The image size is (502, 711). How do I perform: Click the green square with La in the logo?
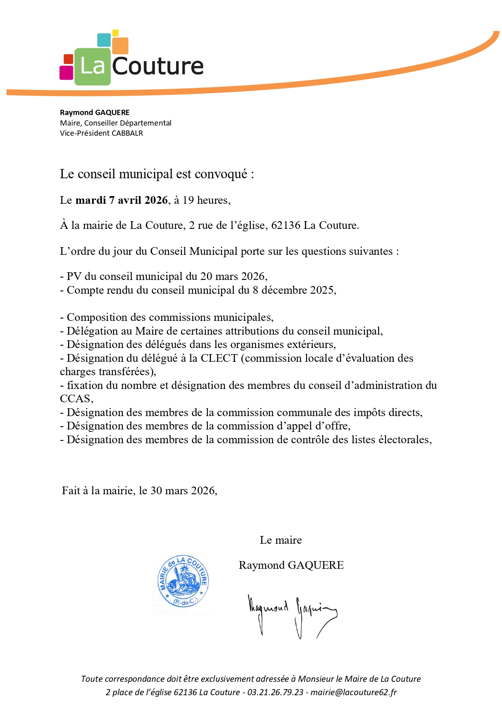(92, 66)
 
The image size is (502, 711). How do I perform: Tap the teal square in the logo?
(104, 40)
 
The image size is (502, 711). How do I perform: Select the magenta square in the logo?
(66, 73)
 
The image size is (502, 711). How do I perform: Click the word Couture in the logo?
(157, 66)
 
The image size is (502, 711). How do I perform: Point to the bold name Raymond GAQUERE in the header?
(95, 113)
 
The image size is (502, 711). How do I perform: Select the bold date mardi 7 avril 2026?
(121, 200)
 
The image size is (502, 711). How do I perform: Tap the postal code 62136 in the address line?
(285, 225)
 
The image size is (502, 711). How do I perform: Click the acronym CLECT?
(219, 358)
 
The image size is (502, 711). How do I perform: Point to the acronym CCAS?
(75, 399)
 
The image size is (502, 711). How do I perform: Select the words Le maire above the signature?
(281, 540)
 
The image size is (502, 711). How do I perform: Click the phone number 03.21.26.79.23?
(275, 692)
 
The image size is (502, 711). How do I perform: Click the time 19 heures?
(206, 200)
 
